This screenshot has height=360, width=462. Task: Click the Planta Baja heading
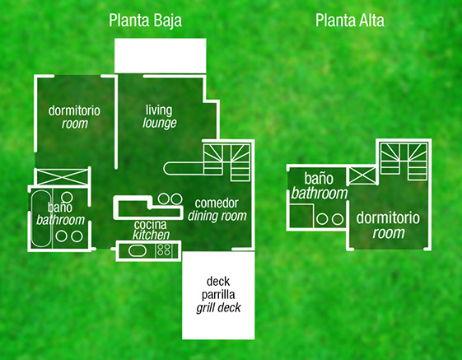pyautogui.click(x=145, y=21)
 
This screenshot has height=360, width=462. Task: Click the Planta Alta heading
pyautogui.click(x=350, y=21)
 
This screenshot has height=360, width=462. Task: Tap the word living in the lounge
pyautogui.click(x=159, y=110)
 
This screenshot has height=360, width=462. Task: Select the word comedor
pyautogui.click(x=217, y=203)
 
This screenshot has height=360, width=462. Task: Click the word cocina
pyautogui.click(x=150, y=225)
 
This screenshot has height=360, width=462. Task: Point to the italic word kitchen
pyautogui.click(x=151, y=235)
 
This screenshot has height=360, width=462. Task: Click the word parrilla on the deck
pyautogui.click(x=218, y=295)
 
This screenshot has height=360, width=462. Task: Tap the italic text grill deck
pyautogui.click(x=218, y=308)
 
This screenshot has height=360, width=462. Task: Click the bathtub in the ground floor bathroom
pyautogui.click(x=41, y=218)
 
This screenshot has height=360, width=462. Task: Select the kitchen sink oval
pyautogui.click(x=138, y=251)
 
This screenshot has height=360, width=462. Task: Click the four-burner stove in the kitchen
pyautogui.click(x=164, y=250)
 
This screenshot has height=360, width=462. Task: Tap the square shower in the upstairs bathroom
pyautogui.click(x=301, y=216)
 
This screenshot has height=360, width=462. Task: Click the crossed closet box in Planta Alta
pyautogui.click(x=362, y=175)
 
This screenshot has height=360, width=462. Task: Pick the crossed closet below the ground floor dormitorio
pyautogui.click(x=62, y=177)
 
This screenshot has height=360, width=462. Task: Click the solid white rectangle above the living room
pyautogui.click(x=161, y=55)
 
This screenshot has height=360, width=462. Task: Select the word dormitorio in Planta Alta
pyautogui.click(x=388, y=217)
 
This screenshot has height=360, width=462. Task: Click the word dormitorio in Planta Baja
pyautogui.click(x=74, y=111)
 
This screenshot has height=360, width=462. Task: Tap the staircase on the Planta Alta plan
pyautogui.click(x=404, y=161)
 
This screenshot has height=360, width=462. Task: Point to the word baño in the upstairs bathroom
pyautogui.click(x=319, y=179)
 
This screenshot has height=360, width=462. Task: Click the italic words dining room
pyautogui.click(x=217, y=216)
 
